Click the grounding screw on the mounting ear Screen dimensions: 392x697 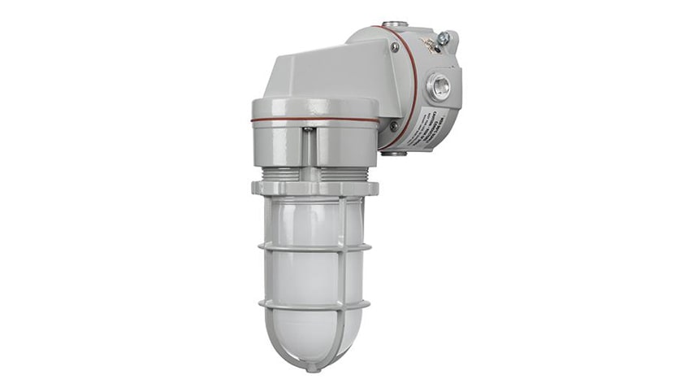click(x=443, y=38)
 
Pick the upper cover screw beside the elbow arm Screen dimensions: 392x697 click(x=396, y=47)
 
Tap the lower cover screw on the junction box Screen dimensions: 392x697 click(x=393, y=126)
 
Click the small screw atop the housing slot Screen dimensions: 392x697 click(x=308, y=128)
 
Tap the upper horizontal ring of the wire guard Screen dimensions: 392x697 click(x=314, y=246)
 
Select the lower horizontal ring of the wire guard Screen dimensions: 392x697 click(x=314, y=305)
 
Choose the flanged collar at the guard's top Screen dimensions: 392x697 click(x=314, y=188)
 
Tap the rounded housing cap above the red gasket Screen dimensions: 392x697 click(x=314, y=107)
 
